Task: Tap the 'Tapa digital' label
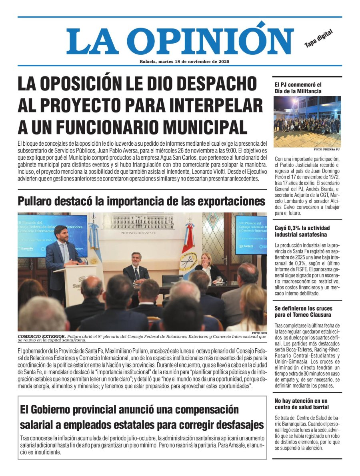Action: (x=318, y=39)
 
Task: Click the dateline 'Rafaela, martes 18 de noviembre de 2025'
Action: (x=184, y=62)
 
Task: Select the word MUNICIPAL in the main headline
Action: (x=194, y=127)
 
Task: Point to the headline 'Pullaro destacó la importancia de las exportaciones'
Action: (x=142, y=201)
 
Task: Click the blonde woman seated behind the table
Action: (x=208, y=266)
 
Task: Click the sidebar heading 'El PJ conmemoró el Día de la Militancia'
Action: (x=298, y=88)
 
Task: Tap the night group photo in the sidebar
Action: (x=307, y=121)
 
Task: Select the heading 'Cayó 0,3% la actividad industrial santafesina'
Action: (x=301, y=231)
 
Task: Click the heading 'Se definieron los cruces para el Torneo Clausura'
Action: (x=303, y=312)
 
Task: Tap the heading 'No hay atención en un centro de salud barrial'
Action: (x=301, y=404)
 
